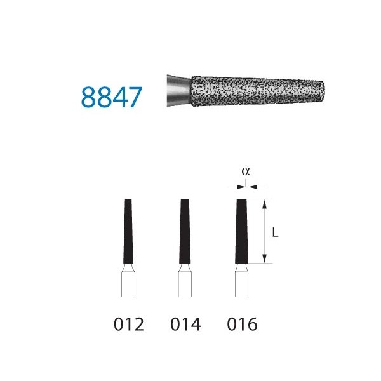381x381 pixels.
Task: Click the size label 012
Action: (x=129, y=324)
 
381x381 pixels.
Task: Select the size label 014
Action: (x=185, y=324)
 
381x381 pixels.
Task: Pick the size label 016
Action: (x=242, y=324)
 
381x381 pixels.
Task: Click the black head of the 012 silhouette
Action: (x=128, y=230)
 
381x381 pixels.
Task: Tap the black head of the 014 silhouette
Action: (x=185, y=230)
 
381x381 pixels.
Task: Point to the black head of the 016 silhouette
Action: (x=241, y=230)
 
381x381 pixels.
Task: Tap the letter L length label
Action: (x=275, y=232)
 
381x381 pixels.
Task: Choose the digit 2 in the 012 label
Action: (x=139, y=324)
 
